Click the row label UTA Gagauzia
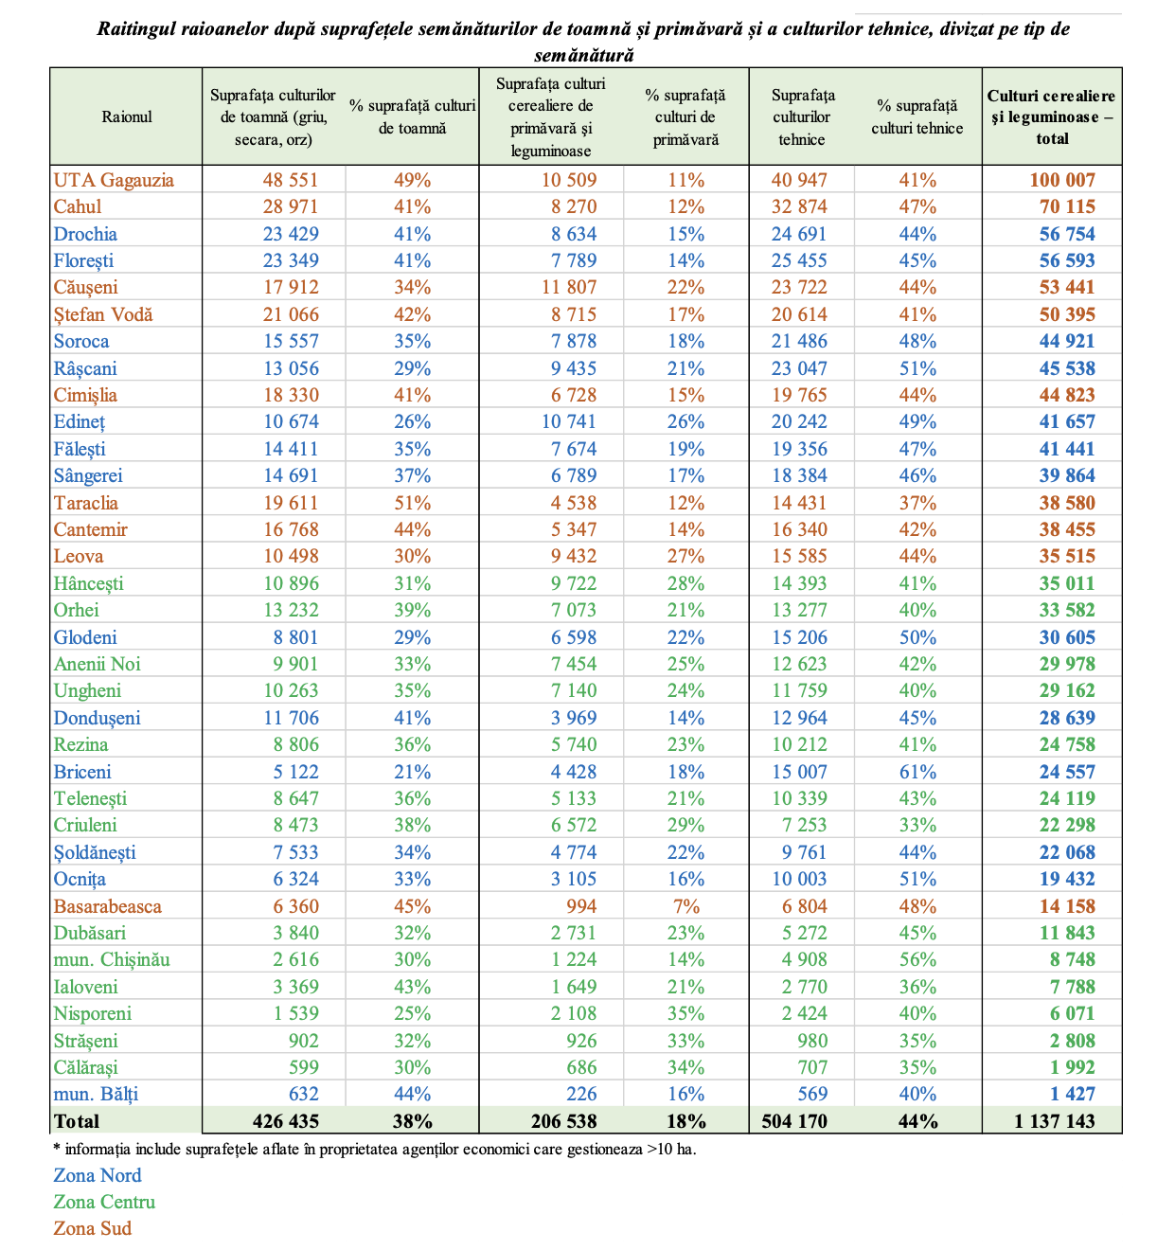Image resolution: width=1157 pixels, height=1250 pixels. coord(114,180)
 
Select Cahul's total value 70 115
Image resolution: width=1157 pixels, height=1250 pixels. coord(1067,206)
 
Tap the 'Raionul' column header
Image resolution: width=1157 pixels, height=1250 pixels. coord(127,116)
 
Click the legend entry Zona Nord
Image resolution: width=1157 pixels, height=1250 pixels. coord(98,1175)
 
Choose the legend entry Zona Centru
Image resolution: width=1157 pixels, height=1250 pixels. coord(104,1202)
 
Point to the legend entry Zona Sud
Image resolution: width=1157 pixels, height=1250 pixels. coord(93,1228)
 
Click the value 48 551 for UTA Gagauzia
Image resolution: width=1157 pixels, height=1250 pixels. coord(291,180)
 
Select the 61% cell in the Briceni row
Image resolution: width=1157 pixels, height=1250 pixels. coord(917,772)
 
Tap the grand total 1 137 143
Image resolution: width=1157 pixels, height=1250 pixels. coord(1054,1121)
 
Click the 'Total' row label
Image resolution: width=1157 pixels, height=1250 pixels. coord(77,1121)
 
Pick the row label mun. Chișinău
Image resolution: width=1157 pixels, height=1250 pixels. coord(112,959)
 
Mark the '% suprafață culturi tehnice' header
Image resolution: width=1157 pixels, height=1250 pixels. coord(917,117)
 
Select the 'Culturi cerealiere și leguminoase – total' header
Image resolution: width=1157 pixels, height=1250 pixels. coord(1052,116)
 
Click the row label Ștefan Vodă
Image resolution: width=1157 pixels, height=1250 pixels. coord(103,314)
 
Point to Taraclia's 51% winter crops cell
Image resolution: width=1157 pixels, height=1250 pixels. coord(412,503)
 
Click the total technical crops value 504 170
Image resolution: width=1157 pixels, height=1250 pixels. coord(793,1121)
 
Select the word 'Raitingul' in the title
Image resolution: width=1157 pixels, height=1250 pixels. coord(138,28)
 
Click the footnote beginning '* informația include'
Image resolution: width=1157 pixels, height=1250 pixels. coord(375,1150)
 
